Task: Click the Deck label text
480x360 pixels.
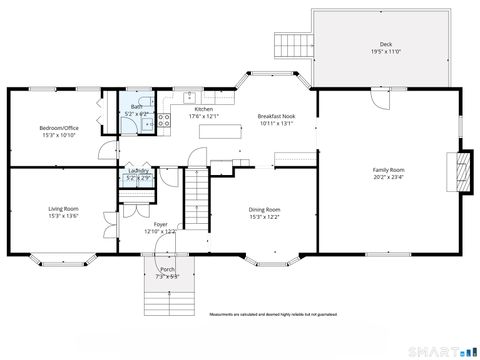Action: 385,45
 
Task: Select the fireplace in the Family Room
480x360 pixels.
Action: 461,170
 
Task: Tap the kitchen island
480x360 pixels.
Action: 228,130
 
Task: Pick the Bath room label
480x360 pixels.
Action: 134,105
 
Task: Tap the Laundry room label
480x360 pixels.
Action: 138,171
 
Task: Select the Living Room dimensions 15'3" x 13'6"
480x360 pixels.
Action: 63,215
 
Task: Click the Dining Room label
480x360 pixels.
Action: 264,209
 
